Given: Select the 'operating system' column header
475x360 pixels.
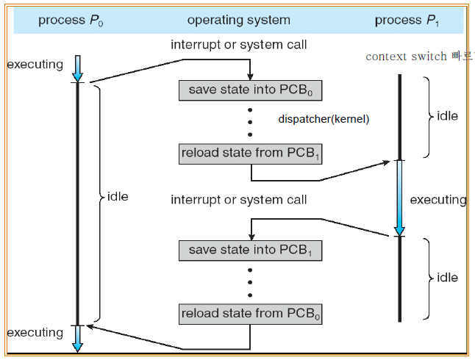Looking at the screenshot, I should (x=239, y=21).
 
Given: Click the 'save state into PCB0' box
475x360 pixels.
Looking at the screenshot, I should (x=251, y=90).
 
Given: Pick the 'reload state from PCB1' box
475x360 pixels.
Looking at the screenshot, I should (x=251, y=154).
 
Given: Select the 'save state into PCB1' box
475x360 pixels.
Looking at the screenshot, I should (x=251, y=250).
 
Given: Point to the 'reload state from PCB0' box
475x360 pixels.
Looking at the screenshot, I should (x=251, y=314).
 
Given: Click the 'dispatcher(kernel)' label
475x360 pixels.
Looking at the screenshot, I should (x=324, y=119).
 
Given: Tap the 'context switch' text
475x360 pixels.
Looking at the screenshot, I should (x=407, y=57).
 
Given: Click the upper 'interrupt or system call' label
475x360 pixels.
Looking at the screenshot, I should (x=239, y=45).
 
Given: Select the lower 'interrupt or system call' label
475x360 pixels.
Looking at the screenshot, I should (x=239, y=200).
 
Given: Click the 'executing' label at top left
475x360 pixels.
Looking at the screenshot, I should (x=35, y=65).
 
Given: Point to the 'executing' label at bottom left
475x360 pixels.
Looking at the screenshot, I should (x=35, y=333).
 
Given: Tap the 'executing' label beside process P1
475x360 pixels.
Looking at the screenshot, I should (x=438, y=200).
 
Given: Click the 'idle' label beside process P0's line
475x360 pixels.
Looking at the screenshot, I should (x=117, y=197).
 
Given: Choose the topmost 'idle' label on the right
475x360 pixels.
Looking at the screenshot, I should (x=447, y=116).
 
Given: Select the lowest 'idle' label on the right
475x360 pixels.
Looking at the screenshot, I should (x=447, y=278).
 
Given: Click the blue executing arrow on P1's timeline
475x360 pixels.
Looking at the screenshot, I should (x=399, y=198).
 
